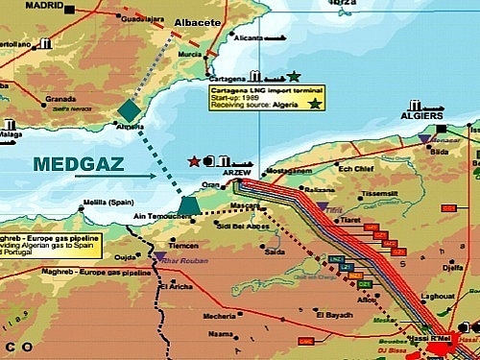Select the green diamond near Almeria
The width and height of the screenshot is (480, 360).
(x=129, y=110)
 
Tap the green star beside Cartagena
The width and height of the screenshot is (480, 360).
(x=294, y=76)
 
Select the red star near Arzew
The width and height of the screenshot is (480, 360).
(x=196, y=160)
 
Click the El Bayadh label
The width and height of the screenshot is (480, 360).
(x=331, y=313)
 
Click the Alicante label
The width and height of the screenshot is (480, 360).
(x=248, y=37)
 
